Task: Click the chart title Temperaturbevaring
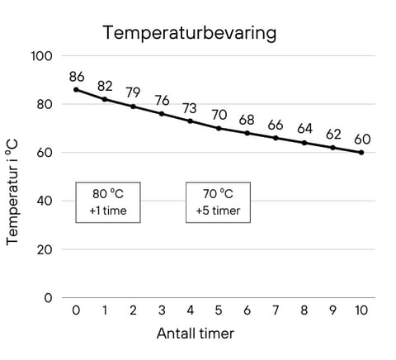point(189,33)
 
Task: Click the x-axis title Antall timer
point(196,334)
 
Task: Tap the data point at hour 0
point(76,89)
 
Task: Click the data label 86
point(77,75)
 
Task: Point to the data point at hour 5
point(219,128)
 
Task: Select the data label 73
point(190,108)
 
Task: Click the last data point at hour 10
point(361,152)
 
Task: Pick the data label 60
point(361,139)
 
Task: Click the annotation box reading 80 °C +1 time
point(107,202)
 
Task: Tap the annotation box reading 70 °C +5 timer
point(218,202)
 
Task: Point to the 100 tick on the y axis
point(42,56)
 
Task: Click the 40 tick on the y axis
point(45,201)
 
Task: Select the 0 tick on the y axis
point(49,297)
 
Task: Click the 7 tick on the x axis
point(276,310)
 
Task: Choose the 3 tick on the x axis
point(162,310)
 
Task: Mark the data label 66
point(276,125)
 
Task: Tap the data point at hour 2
point(133,107)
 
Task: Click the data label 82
point(105,86)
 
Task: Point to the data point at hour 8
point(304,143)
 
